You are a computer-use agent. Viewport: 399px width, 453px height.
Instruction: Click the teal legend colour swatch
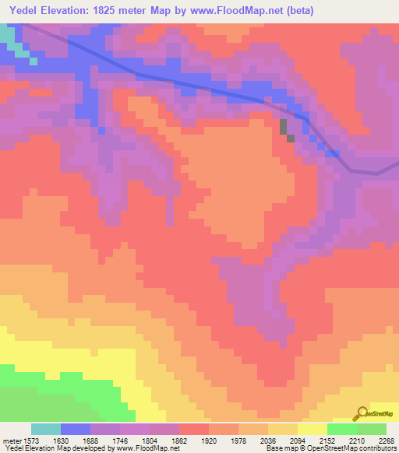(x=46, y=429)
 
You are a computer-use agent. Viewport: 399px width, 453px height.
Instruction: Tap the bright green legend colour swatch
(x=342, y=429)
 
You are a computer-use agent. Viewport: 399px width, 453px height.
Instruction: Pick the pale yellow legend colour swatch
(x=312, y=429)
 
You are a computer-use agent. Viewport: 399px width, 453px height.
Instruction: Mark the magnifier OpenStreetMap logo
(x=361, y=414)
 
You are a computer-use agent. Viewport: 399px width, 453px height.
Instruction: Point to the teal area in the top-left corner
(x=7, y=36)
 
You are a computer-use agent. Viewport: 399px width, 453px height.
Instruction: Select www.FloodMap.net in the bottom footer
(x=147, y=448)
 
